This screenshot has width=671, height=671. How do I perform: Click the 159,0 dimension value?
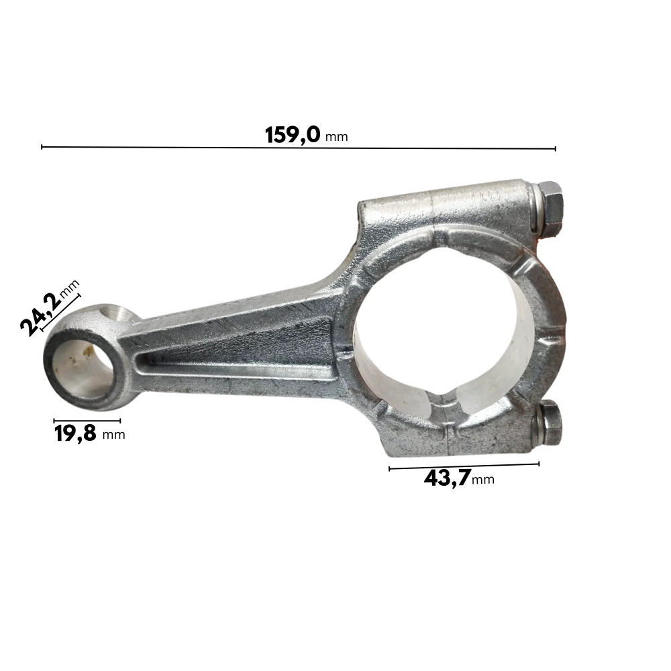point(293,135)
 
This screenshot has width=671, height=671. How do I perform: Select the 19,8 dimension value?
point(75,433)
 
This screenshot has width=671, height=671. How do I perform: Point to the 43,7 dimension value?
point(447,478)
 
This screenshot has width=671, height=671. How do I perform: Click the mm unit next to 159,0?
point(337,138)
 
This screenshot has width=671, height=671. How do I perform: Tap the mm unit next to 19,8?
point(114,435)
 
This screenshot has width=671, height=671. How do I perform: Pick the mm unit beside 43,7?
point(483,480)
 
